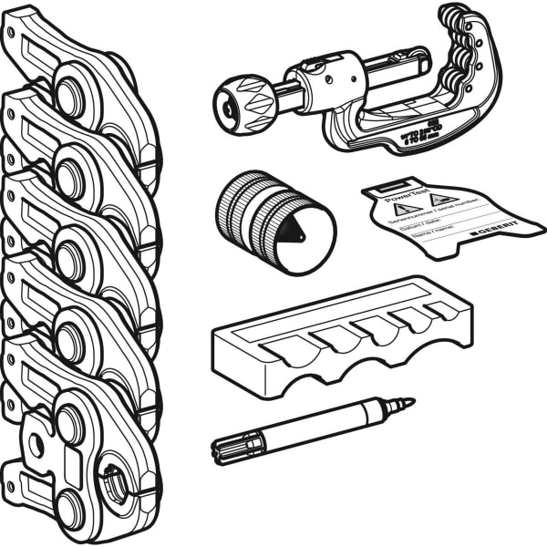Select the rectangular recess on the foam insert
[242, 338]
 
